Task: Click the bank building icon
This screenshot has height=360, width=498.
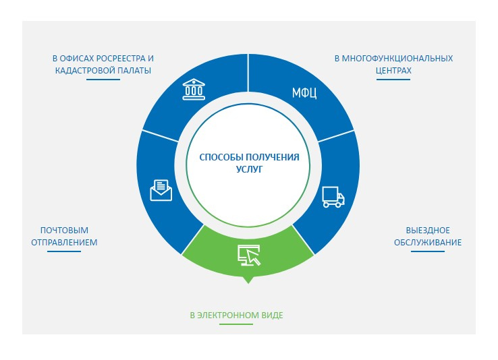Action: [x=194, y=90]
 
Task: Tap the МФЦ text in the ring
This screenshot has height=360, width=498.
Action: [x=304, y=93]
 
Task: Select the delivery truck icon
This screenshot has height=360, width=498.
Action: [x=333, y=197]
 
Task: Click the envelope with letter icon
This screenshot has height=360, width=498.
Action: [x=161, y=190]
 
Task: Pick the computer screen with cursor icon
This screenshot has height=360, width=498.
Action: [x=249, y=255]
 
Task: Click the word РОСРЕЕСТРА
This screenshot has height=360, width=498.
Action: [x=121, y=59]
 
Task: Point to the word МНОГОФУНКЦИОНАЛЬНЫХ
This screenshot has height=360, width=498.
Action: [x=397, y=59]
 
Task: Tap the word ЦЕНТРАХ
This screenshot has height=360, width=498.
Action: [x=393, y=70]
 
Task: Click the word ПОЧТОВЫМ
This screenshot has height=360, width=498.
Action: [x=64, y=231]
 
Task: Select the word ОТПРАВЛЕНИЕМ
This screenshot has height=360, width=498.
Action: [x=64, y=242]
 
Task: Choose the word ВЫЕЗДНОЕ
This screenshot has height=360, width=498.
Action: [x=428, y=231]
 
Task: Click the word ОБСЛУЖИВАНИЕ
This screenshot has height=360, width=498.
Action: [x=428, y=242]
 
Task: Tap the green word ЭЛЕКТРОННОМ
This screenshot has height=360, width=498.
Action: [x=228, y=316]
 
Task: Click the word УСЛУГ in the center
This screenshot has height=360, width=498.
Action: [x=249, y=169]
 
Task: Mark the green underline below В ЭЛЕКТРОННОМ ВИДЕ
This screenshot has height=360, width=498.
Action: [x=236, y=324]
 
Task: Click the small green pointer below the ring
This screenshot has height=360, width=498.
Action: [x=249, y=280]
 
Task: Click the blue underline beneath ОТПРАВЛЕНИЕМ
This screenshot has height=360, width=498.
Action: [x=64, y=251]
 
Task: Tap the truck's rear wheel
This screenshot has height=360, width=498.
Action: [x=326, y=205]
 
